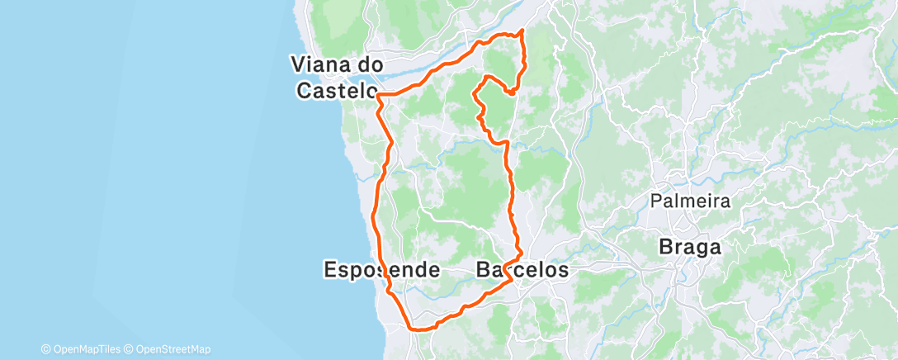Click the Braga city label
point(689,247)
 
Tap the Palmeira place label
point(690,201)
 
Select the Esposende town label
point(380,270)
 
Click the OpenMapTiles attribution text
point(85,349)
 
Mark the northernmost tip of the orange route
point(522,31)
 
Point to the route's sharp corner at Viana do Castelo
point(378,96)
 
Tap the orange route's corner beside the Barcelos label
point(513,280)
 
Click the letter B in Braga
point(666,247)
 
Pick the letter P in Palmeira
point(655,201)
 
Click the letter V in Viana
point(296,64)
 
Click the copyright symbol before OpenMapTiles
point(45,349)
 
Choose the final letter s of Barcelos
point(564,270)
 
